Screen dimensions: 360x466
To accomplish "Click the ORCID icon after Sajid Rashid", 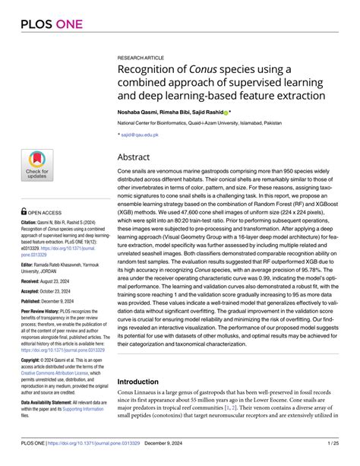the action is [226, 111].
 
